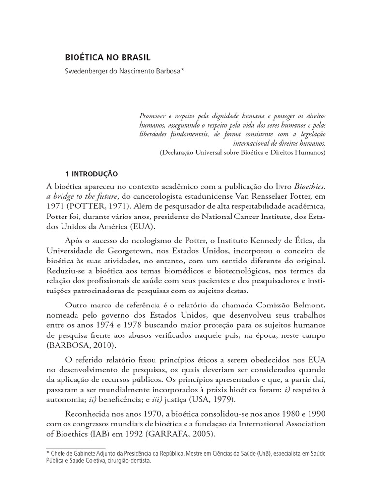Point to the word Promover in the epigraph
click(152, 117)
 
